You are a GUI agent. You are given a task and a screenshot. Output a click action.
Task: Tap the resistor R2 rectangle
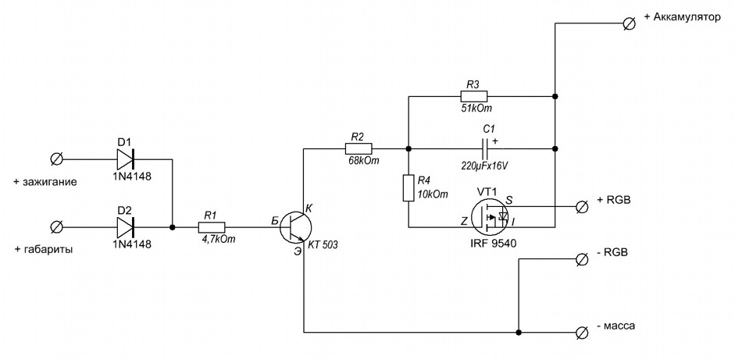coord(359,148)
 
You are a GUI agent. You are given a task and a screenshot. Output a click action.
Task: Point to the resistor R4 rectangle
coord(408,187)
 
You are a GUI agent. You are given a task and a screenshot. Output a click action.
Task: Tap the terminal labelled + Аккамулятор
coord(630,23)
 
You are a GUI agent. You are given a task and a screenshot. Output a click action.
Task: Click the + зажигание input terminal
coord(56,159)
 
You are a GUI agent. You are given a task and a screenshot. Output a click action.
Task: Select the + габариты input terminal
coord(56,227)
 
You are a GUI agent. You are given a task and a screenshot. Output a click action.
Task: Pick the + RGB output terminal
coord(582,206)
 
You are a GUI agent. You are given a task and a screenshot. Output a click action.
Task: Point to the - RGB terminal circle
coord(582,258)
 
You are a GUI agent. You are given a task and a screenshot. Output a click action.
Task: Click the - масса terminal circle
coord(582,332)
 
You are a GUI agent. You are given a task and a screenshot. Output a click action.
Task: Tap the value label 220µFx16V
coord(486,166)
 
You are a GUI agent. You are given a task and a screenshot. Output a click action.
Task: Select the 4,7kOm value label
coord(219,240)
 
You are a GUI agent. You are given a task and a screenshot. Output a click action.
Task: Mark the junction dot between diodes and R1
coord(173,227)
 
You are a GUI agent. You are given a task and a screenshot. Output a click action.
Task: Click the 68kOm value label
coord(363,162)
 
